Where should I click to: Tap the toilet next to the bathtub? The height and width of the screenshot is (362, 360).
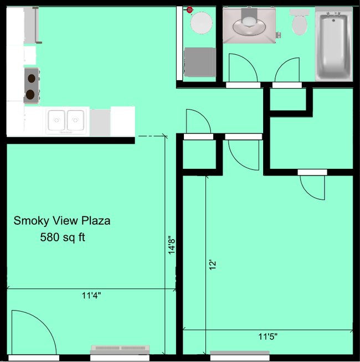click(x=300, y=23)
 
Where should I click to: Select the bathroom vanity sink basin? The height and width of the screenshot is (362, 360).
click(x=248, y=23)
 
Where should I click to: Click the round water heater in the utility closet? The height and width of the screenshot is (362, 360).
click(x=201, y=23)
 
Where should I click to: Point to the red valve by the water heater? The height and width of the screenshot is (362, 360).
click(x=189, y=9)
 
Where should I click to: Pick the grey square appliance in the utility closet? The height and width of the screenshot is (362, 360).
click(x=199, y=61)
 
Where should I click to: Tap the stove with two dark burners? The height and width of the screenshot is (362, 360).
click(x=31, y=86)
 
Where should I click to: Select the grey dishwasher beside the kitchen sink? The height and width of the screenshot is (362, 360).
click(x=100, y=122)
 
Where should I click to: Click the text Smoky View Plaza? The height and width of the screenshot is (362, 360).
click(x=62, y=221)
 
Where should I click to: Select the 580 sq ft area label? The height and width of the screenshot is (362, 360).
click(x=62, y=238)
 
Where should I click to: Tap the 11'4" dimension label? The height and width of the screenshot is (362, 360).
click(x=91, y=296)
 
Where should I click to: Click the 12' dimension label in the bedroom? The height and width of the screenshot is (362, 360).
click(x=212, y=265)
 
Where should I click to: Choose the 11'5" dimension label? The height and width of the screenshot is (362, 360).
click(x=268, y=336)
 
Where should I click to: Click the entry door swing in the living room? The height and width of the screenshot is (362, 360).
click(x=32, y=332)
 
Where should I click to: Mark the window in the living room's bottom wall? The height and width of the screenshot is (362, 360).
click(x=120, y=350)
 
